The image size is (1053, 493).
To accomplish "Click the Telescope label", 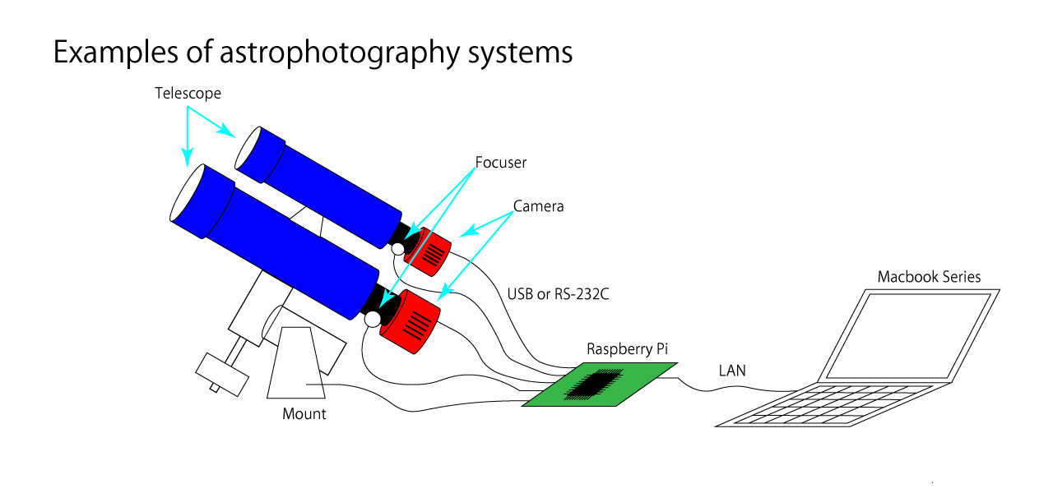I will pyautogui.click(x=188, y=94).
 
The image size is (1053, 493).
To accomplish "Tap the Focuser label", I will pyautogui.click(x=500, y=163).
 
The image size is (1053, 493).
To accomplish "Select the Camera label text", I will pyautogui.click(x=539, y=206).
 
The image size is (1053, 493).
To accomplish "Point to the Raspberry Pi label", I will pyautogui.click(x=627, y=349).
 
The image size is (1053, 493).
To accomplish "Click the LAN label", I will pyautogui.click(x=732, y=371).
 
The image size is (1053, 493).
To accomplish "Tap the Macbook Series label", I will pyautogui.click(x=929, y=277).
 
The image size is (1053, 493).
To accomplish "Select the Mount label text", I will pyautogui.click(x=304, y=414).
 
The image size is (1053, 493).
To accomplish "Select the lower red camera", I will pyautogui.click(x=411, y=321).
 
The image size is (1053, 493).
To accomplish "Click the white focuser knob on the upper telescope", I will pyautogui.click(x=397, y=248).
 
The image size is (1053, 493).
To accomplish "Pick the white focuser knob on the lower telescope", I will pyautogui.click(x=373, y=317).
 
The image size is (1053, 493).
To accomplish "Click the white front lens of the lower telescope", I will pyautogui.click(x=187, y=193).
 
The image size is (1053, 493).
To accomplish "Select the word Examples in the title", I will pyautogui.click(x=112, y=53).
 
